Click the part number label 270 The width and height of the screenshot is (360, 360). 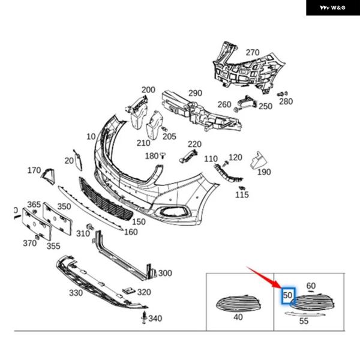pos(252,52)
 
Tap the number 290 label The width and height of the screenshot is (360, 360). pos(195,94)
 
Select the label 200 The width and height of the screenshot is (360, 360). pos(148,89)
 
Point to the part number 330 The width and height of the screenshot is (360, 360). pos(76,293)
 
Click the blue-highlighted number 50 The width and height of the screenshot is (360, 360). pos(288,295)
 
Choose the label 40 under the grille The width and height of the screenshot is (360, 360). pos(238,317)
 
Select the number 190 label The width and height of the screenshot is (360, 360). pos(264,172)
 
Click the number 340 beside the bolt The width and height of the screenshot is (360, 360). pos(155,317)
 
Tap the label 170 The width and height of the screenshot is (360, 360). pos(34,170)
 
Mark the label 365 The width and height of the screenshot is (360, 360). pos(34,205)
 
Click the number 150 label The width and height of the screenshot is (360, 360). pos(139,221)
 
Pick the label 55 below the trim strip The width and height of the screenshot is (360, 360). pos(304,321)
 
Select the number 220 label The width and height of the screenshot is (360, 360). pos(194,145)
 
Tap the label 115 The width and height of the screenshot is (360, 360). pos(242,195)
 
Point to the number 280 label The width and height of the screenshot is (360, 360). pos(286,101)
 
